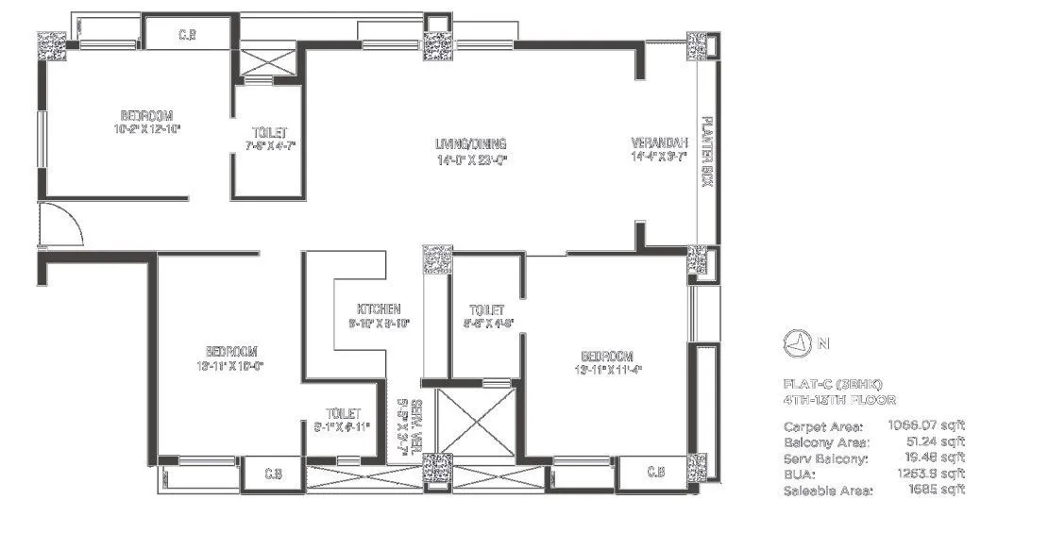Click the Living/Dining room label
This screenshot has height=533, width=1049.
point(470,144)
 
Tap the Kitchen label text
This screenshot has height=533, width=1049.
point(380,309)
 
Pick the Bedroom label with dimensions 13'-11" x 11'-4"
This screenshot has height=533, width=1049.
point(606,356)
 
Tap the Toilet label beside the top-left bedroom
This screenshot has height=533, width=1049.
point(269,133)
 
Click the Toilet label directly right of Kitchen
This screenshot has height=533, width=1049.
point(486,309)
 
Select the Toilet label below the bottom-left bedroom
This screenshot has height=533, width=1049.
point(342,413)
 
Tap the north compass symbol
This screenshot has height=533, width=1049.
point(797,343)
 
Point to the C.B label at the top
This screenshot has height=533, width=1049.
point(187,36)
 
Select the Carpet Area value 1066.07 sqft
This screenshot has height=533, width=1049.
point(927,425)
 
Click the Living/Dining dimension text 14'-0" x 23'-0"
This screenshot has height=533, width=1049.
point(470,159)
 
